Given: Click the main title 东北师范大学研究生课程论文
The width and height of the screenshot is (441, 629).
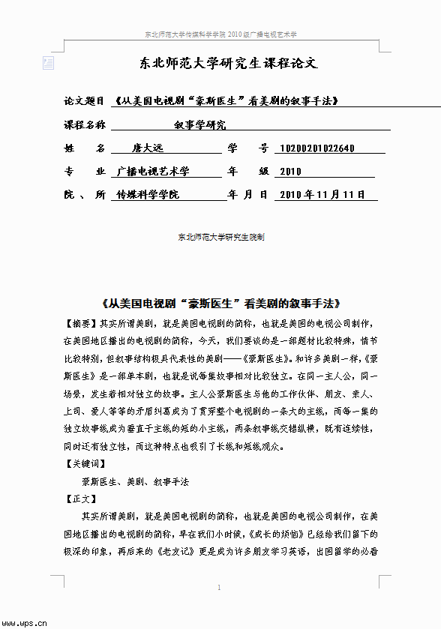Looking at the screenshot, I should point(229,64).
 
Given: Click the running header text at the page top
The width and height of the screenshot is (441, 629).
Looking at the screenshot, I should point(220,34).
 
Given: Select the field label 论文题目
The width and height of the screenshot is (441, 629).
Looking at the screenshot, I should point(84,100).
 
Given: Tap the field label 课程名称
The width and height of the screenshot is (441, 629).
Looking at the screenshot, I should point(84,124).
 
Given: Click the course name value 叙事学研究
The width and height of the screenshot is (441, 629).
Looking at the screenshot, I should point(199,124).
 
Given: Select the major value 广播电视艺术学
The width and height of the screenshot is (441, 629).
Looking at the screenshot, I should point(154,172).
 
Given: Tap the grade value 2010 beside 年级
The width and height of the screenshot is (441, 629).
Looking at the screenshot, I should point(289,172).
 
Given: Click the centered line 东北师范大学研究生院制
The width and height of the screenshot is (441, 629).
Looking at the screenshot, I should point(221,237).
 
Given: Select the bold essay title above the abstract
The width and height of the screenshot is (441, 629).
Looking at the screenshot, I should point(220,304).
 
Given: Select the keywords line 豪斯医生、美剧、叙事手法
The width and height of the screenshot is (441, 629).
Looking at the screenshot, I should point(135,481).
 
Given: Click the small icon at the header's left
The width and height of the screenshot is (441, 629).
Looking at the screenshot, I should point(48,63).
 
